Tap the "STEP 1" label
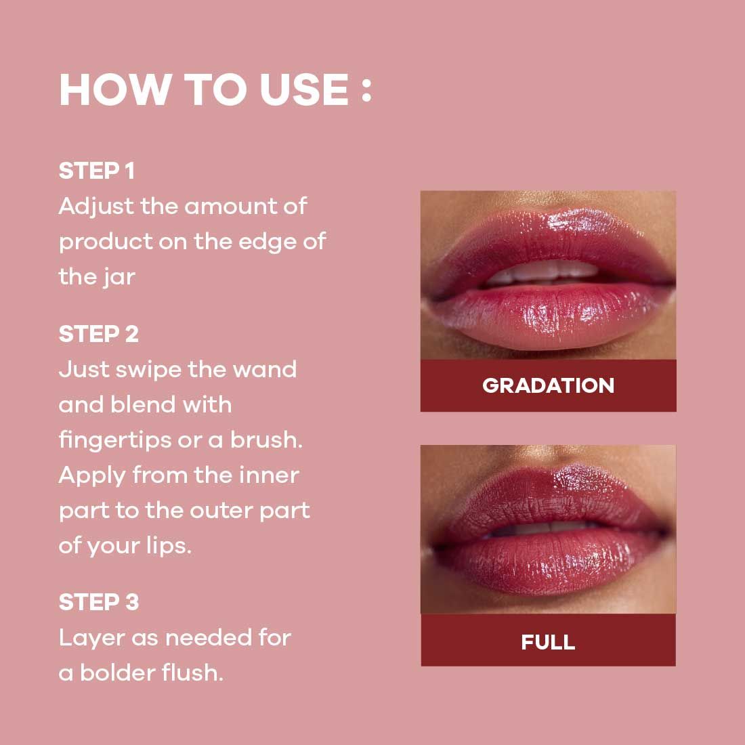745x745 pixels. pos(96,171)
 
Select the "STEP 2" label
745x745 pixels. pos(98,334)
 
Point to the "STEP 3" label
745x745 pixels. pos(98,602)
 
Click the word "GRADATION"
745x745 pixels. pos(548,385)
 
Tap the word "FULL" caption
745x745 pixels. pos(548,641)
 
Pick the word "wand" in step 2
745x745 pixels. pos(265,370)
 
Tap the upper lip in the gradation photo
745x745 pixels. pos(542,237)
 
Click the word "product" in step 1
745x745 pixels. pos(105,242)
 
